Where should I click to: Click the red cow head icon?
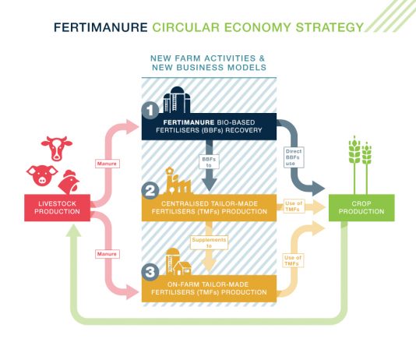point(57,148)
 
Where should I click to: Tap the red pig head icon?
point(42,175)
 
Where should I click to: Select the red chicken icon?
point(69,182)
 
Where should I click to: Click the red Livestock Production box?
point(58,208)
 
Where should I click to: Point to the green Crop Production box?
point(361,208)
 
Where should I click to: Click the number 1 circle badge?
point(150,111)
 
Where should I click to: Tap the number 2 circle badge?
point(150,191)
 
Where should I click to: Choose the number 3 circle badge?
point(150,272)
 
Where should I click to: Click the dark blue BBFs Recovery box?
point(209,126)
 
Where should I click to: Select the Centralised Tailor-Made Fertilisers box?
point(209,208)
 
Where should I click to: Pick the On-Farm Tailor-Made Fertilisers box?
point(209,288)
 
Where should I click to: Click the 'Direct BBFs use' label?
point(294,157)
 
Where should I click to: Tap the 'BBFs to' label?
point(209,162)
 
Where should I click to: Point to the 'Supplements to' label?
point(209,243)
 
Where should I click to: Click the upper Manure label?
point(108,164)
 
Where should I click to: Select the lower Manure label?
point(108,254)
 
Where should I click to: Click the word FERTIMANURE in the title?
point(100,27)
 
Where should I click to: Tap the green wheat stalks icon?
point(360,165)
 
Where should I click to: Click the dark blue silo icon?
point(177,100)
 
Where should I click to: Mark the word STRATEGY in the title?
point(330,27)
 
